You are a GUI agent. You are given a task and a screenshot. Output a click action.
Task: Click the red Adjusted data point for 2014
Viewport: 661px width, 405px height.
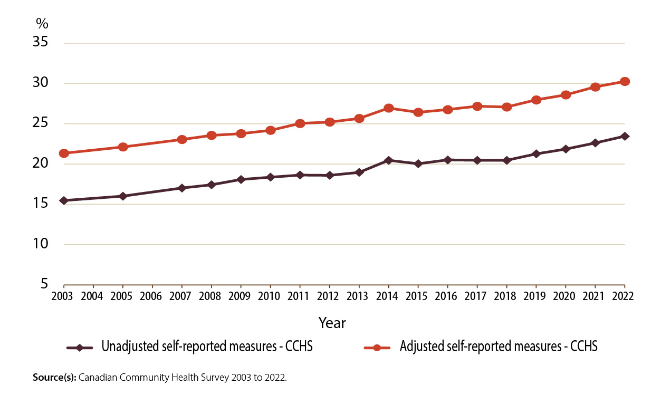389,108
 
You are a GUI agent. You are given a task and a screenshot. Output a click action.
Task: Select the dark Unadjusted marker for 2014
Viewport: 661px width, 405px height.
389,160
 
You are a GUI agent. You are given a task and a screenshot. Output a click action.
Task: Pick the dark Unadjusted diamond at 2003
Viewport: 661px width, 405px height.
64,200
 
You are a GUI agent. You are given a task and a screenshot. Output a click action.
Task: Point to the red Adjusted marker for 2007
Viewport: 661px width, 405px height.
182,140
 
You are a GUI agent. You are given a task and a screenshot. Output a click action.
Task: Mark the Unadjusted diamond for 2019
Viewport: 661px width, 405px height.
537,154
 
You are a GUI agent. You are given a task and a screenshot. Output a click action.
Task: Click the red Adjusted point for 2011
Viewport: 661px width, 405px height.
300,123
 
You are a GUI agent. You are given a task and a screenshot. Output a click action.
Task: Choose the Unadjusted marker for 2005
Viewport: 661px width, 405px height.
123,196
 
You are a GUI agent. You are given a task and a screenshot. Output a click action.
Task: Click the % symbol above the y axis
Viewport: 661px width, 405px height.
42,23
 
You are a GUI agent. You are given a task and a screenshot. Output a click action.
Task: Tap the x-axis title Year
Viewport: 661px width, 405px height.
332,322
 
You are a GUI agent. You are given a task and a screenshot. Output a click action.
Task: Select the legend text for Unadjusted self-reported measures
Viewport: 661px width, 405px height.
207,348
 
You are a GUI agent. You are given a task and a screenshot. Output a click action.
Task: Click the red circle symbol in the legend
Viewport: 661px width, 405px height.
377,348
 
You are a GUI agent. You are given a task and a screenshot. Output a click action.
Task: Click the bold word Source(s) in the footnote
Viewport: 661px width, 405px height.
54,378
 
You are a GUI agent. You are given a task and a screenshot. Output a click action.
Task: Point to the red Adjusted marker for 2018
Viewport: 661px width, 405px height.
507,107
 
